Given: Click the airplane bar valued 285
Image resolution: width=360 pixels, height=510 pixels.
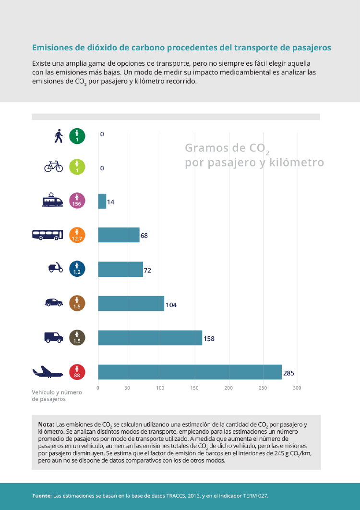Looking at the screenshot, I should (190, 372).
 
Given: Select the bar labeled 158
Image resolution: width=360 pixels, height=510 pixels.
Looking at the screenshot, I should (150, 338).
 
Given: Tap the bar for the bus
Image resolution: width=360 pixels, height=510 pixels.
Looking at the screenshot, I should (119, 235).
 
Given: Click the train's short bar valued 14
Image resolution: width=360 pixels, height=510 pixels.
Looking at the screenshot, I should (102, 201).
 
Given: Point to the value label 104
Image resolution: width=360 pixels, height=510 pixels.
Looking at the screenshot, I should (171, 305).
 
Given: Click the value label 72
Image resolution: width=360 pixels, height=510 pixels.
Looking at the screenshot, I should (147, 271).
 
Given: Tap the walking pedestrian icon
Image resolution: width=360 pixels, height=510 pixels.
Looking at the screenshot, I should (59, 136).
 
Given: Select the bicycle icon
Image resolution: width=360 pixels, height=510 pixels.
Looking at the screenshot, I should (53, 166).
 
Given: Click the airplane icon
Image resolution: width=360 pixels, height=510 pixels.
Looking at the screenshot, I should (47, 372).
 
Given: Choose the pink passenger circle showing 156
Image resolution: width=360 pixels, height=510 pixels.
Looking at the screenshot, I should (77, 201).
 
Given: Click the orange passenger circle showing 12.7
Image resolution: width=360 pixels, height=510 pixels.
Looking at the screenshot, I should (77, 235).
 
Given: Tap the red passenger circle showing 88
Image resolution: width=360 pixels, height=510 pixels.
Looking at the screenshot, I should (77, 372).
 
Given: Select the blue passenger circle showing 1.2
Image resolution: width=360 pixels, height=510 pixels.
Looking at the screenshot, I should (77, 269).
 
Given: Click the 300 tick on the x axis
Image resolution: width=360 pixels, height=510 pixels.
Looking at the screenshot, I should (297, 388).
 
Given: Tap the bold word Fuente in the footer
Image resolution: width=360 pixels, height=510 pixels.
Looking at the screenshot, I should (42, 495).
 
